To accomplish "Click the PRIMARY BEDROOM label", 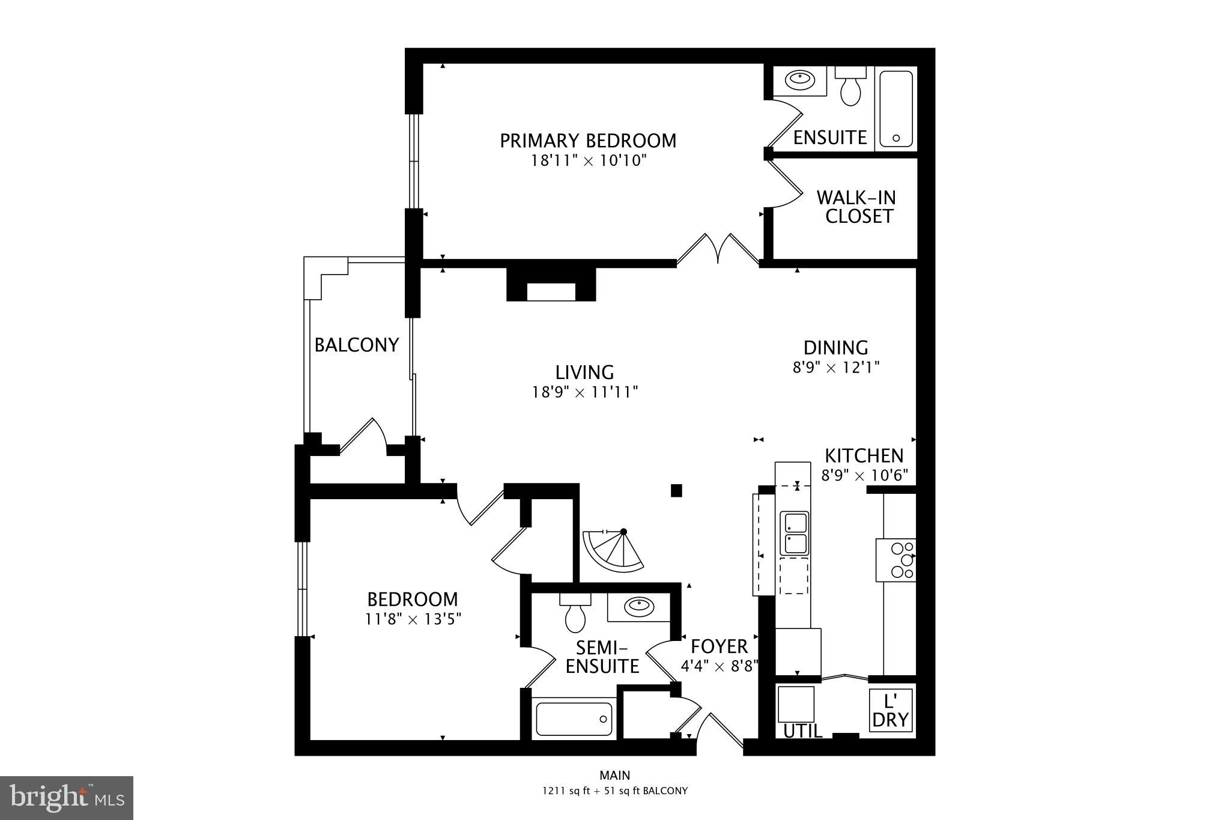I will (588, 141).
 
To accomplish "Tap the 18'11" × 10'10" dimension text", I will (588, 161).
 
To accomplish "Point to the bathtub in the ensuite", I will (895, 109).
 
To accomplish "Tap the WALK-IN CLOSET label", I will (856, 207).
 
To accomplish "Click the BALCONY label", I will (357, 345).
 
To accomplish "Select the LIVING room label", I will (584, 372).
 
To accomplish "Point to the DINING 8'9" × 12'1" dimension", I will (836, 367).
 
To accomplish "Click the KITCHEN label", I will (864, 455).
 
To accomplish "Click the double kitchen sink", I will (794, 533).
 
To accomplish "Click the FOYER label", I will (719, 646).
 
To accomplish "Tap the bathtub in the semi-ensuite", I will (574, 719).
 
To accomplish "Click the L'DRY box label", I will (890, 711).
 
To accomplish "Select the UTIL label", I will (802, 731).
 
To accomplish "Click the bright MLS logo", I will (67, 798).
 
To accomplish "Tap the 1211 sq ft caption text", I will (614, 791).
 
